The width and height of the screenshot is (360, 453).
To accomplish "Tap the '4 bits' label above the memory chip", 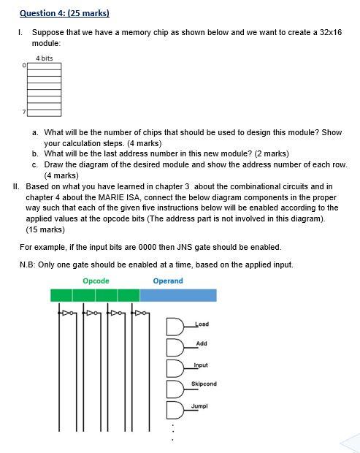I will pyautogui.click(x=44, y=58).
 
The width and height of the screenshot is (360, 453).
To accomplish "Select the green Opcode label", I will pyautogui.click(x=96, y=281).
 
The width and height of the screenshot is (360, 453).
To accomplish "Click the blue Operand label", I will pyautogui.click(x=168, y=281).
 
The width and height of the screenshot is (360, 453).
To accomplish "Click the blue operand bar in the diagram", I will pyautogui.click(x=178, y=295).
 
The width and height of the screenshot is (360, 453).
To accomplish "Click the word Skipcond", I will pyautogui.click(x=204, y=384).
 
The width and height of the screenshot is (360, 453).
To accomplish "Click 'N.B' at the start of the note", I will pyautogui.click(x=27, y=264).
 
